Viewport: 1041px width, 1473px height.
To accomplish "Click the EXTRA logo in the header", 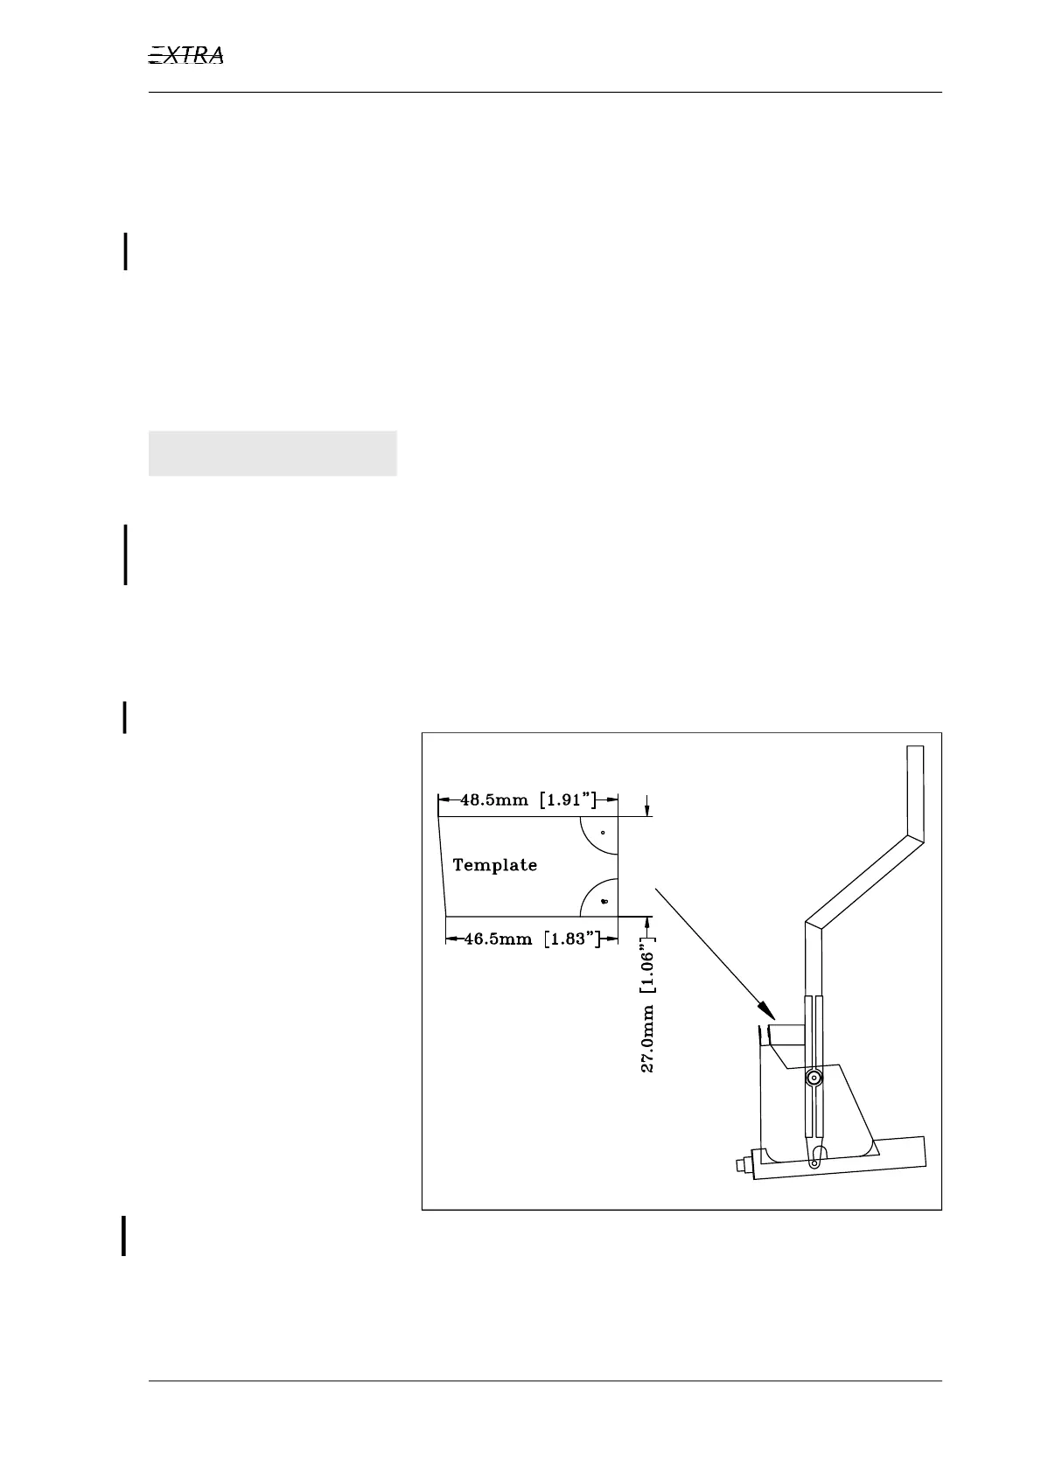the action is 186,56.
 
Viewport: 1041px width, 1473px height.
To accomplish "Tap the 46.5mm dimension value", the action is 498,939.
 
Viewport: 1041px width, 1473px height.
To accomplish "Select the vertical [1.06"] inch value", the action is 650,969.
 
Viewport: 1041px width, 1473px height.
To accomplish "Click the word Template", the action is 495,865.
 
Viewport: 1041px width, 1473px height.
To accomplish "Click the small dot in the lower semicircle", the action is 604,900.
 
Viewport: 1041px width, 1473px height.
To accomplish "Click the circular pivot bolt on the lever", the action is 814,1079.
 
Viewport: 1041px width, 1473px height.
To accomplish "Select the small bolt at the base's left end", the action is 739,1164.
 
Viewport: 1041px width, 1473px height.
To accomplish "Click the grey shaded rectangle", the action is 273,453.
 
